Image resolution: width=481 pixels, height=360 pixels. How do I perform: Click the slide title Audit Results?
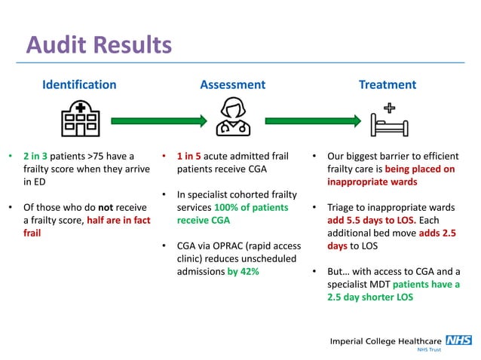[99, 45]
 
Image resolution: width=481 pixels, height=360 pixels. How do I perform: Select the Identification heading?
[79, 84]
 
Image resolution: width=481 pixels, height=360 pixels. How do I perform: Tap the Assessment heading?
[232, 84]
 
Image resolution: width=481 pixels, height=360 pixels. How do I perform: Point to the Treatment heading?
[388, 84]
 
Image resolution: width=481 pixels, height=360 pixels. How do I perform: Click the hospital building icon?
[79, 119]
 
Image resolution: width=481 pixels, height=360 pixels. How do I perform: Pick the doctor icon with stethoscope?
[233, 117]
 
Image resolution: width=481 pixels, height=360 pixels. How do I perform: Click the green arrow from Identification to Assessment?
[158, 120]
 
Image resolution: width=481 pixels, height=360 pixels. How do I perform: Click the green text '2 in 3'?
[35, 157]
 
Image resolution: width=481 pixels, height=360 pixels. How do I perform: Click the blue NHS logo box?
[458, 340]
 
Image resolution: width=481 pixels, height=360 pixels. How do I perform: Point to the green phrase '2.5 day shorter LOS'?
[370, 297]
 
